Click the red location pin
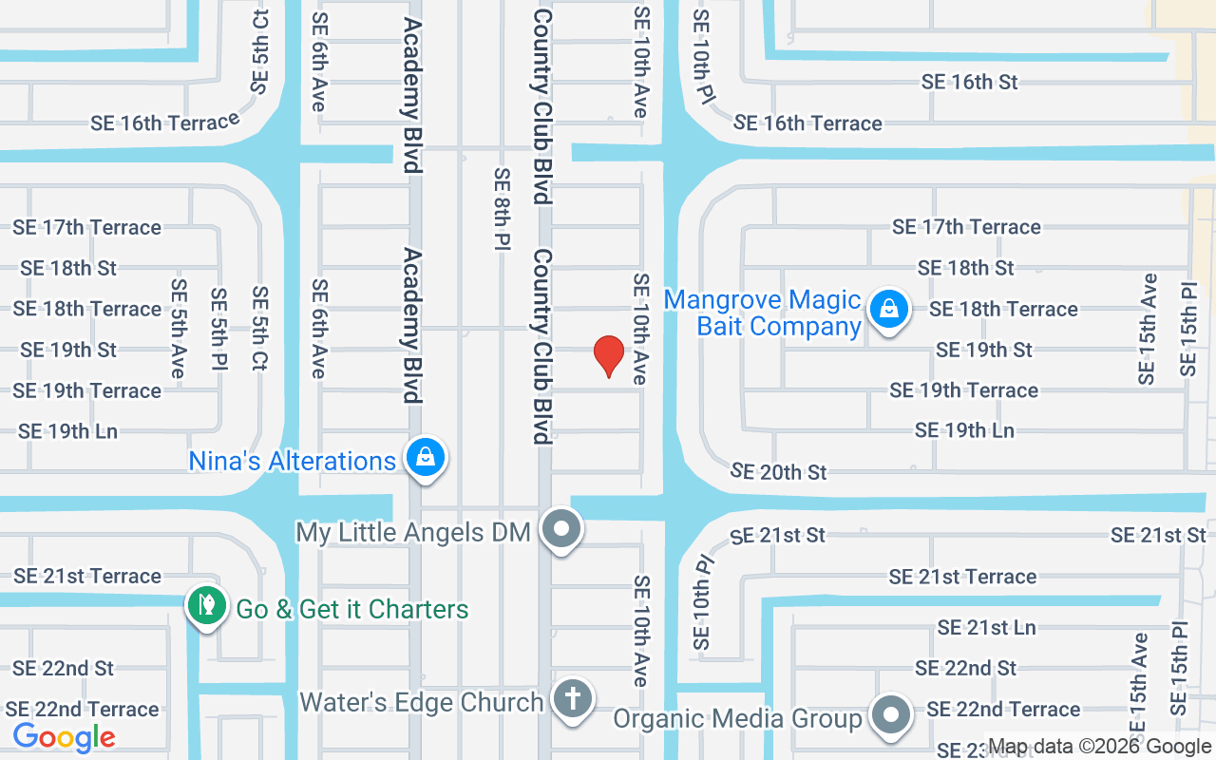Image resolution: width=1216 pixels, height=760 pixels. point(608,356)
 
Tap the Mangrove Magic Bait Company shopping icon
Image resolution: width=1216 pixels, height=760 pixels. point(888,309)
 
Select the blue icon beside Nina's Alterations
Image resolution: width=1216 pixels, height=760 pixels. point(427,458)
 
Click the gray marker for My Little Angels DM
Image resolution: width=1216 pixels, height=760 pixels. point(561,528)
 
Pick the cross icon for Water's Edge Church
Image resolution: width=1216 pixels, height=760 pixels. point(573,699)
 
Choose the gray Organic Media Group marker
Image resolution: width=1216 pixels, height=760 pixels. point(890,714)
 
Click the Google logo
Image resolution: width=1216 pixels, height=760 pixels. point(64,737)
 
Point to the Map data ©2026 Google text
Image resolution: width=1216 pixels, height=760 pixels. point(1100,748)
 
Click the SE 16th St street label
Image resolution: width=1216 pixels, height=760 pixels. point(969,82)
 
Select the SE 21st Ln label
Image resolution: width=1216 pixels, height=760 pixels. point(986,627)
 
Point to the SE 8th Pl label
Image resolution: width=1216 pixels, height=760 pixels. point(503,209)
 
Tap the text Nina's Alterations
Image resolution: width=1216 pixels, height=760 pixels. point(292,461)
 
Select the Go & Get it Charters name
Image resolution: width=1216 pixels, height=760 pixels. point(352,609)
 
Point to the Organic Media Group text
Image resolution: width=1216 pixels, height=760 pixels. point(737,718)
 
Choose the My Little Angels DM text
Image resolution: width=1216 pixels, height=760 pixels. point(413,532)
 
